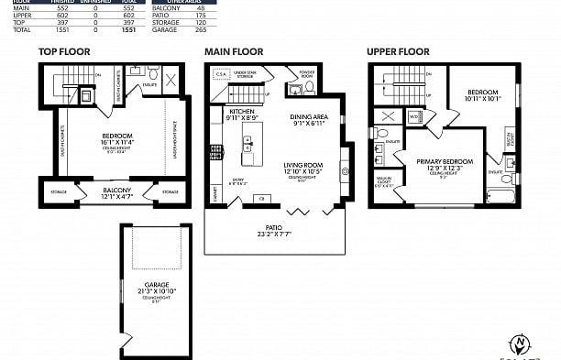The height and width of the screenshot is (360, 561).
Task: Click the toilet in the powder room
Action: [x=309, y=88]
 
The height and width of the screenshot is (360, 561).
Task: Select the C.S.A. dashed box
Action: [x=222, y=75]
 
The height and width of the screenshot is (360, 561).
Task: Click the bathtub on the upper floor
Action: [x=503, y=195]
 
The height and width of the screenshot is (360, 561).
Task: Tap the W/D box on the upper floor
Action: [x=414, y=116]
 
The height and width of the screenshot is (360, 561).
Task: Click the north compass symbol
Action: [x=521, y=344]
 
